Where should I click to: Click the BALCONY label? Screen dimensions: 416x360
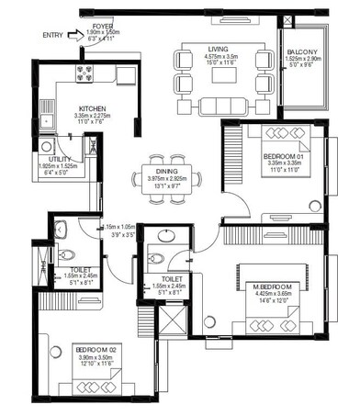[303, 51]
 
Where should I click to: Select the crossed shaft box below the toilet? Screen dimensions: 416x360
[172, 321]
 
